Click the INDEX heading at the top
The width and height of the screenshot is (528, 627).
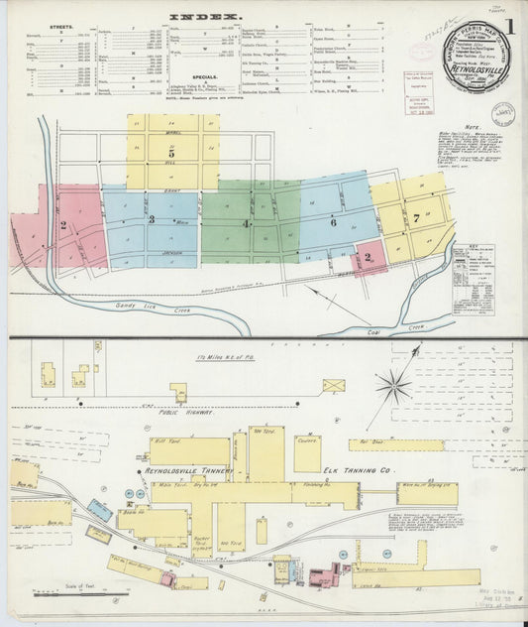pos(204,17)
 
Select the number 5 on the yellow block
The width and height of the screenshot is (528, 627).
pos(171,154)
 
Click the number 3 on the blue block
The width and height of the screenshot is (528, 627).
pos(152,219)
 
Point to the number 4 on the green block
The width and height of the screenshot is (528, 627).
pos(246,224)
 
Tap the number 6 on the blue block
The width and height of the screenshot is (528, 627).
pos(334,223)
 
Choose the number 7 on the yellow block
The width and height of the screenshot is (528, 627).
pos(417,216)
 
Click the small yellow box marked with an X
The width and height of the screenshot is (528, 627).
pos(334,384)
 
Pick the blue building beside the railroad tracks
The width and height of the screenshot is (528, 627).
pos(99,510)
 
